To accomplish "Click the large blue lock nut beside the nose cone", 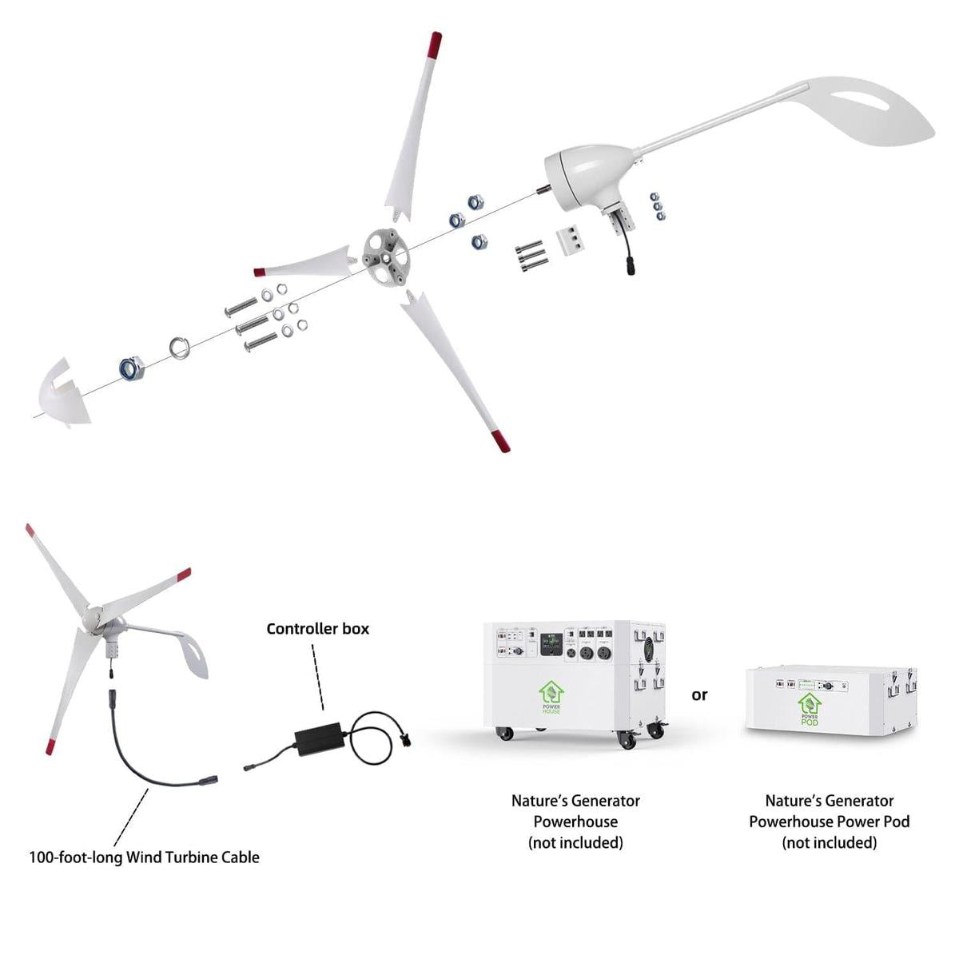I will pyautogui.click(x=131, y=368).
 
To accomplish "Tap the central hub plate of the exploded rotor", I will pyautogui.click(x=386, y=257).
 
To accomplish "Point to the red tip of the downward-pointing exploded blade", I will pyautogui.click(x=500, y=439).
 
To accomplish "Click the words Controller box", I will pyautogui.click(x=318, y=629).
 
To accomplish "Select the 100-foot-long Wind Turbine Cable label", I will pyautogui.click(x=145, y=858).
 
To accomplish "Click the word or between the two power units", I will pyautogui.click(x=699, y=695).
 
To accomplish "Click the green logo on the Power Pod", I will pyautogui.click(x=809, y=704).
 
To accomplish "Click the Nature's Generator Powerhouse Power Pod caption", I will pyautogui.click(x=830, y=821).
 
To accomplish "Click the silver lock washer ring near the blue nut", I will pyautogui.click(x=177, y=348).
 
